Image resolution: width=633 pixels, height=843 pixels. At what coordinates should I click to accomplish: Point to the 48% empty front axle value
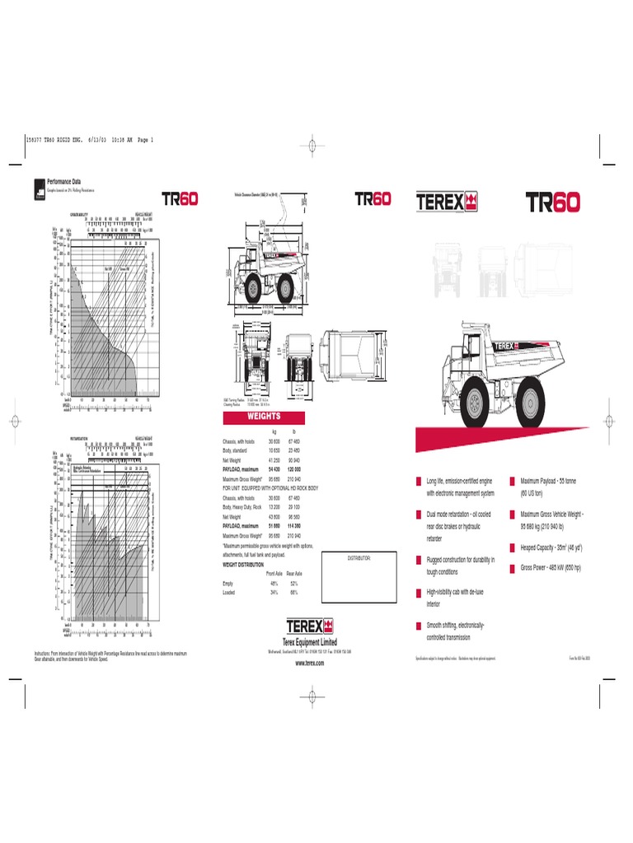pos(274,583)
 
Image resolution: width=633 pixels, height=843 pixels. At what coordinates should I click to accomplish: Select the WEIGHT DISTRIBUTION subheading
pos(244,565)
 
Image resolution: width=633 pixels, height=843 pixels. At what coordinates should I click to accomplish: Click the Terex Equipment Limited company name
pos(310,643)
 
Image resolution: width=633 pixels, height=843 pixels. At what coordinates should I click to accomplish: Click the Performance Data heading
pos(65,180)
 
